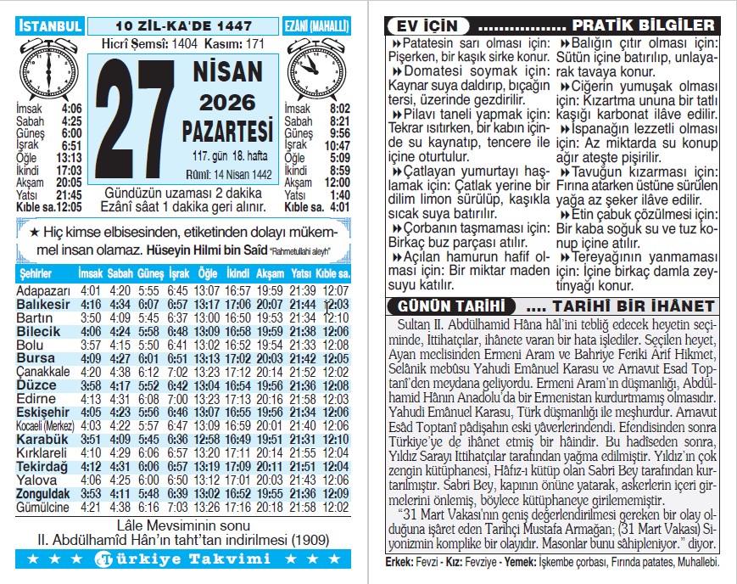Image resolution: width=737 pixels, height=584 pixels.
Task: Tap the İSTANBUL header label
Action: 49,25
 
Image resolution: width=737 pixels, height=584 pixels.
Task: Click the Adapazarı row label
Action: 42,290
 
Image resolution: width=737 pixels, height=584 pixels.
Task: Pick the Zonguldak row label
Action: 43,493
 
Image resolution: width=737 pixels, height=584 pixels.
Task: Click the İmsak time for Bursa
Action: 91,358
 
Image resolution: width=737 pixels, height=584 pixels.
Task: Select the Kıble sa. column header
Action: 332,273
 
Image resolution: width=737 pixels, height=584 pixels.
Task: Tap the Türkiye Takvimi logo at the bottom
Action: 183,559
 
